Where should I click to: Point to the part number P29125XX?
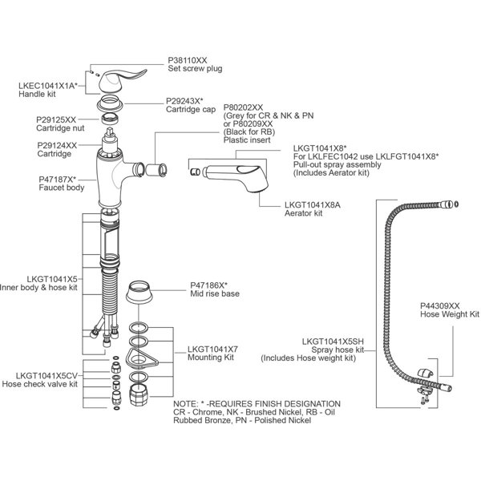[57, 119]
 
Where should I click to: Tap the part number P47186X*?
[208, 285]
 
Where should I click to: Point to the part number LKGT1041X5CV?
[46, 374]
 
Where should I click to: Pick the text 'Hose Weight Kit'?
[450, 315]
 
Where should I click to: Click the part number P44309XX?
[440, 306]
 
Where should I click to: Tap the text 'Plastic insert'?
[246, 139]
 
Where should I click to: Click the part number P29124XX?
[57, 145]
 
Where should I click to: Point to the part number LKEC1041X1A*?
[47, 84]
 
